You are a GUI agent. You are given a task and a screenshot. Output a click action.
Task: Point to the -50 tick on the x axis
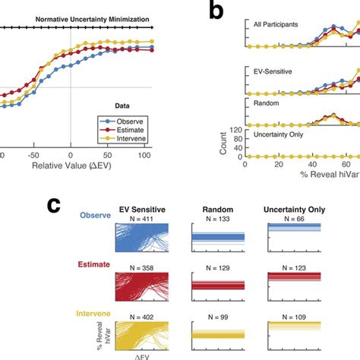tap(35, 153)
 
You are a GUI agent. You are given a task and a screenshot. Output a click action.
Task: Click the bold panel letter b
tap(215, 13)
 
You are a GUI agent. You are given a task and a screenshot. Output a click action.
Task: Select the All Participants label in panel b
tap(277, 24)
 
